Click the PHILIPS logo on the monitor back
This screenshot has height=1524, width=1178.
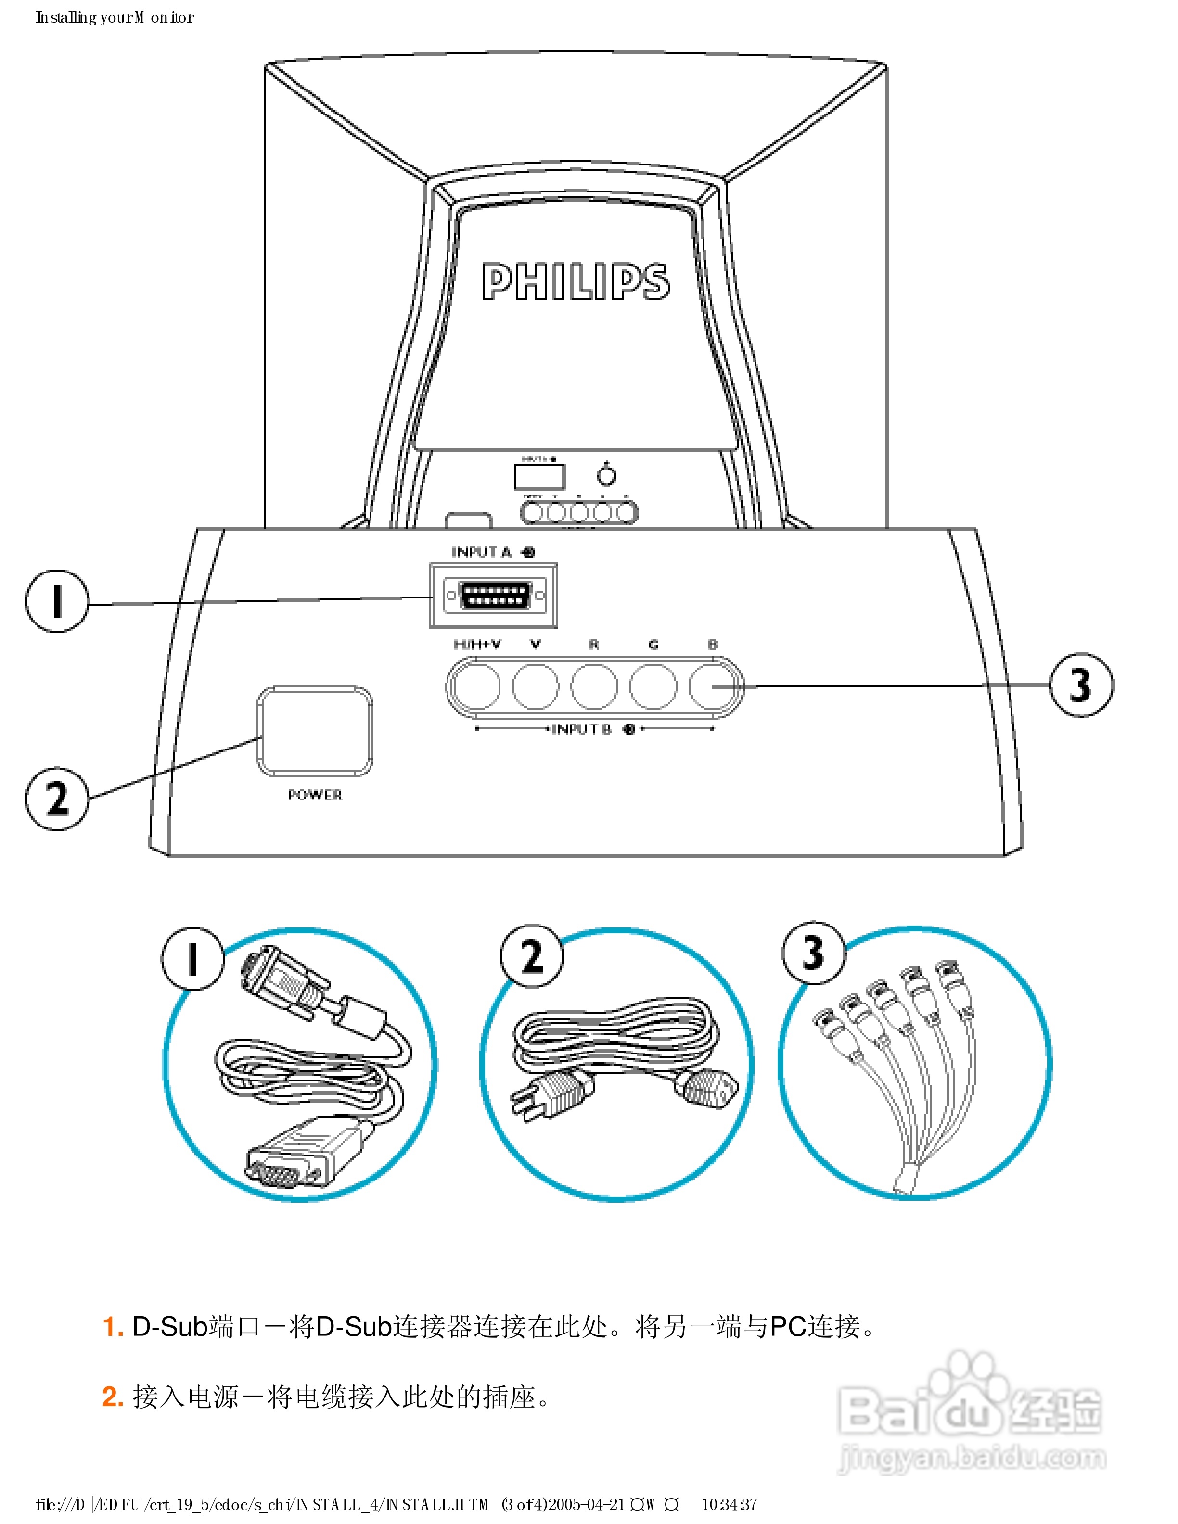[576, 281]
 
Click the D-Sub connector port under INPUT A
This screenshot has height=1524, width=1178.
[494, 596]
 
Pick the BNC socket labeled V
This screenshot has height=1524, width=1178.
[535, 686]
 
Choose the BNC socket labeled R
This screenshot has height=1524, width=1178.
[594, 686]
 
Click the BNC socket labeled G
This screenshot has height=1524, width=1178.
[653, 686]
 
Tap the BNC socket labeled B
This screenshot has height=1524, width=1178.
[712, 686]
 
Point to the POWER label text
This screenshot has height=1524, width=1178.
[315, 795]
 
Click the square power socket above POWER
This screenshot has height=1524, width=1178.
[315, 731]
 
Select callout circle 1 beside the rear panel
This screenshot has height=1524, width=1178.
[56, 601]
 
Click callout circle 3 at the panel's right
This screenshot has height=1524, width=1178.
[1081, 685]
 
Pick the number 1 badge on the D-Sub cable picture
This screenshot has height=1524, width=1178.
[192, 958]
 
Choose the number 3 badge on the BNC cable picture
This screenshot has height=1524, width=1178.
[814, 952]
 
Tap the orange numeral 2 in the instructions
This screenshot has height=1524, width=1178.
[112, 1397]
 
